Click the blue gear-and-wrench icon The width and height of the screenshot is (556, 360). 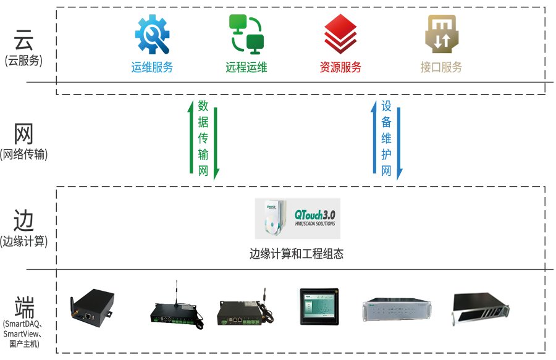coord(151,35)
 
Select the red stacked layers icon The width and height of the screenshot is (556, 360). coord(340,35)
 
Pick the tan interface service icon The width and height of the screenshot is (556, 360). coord(441,35)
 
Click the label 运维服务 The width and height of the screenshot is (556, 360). coord(152,67)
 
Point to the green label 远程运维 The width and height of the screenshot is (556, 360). coord(246,67)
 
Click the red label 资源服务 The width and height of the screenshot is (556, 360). coord(340,67)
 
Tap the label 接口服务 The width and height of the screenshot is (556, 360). coord(441,67)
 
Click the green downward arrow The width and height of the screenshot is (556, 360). coord(216,139)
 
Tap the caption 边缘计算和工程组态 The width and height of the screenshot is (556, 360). coord(296,253)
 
